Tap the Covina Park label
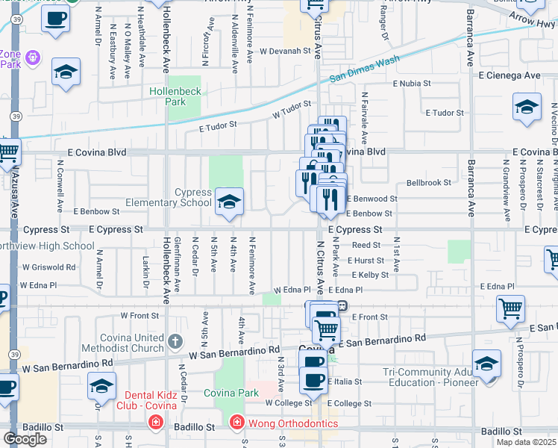tap(231, 393)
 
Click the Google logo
tap(25, 438)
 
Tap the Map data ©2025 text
tap(526, 442)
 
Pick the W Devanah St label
tap(284, 51)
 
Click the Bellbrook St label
tap(428, 182)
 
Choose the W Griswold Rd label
tap(50, 267)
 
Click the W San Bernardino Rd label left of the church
tap(67, 366)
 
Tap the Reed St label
tap(366, 245)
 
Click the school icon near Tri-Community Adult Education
tap(486, 364)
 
